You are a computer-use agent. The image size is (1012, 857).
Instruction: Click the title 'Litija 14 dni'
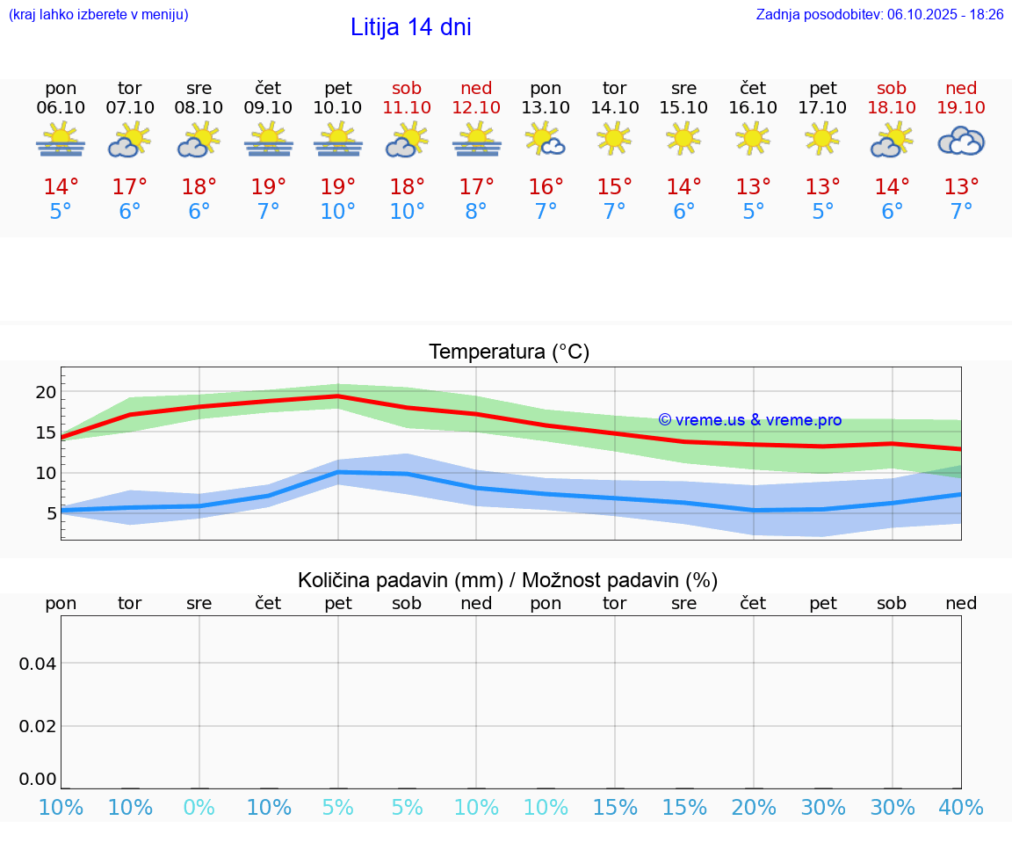click(410, 27)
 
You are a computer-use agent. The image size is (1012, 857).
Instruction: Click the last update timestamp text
click(879, 15)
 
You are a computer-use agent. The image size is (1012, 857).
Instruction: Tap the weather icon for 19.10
click(961, 141)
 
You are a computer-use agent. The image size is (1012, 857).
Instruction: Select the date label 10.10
click(337, 107)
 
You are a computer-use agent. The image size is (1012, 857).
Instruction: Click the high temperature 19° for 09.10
click(269, 187)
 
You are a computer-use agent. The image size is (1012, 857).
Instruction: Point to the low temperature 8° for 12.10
click(476, 212)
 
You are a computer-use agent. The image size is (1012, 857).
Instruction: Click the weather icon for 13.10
click(545, 140)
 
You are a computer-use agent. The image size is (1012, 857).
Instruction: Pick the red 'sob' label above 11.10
click(407, 88)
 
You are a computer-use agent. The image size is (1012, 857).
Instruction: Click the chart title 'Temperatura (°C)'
click(509, 352)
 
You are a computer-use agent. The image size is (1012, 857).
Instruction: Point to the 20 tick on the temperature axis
click(45, 392)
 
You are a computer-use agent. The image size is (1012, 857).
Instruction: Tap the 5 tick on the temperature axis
click(51, 513)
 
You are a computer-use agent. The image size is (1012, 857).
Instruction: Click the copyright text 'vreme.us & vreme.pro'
click(750, 420)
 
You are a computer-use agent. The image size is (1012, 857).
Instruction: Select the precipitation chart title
click(508, 580)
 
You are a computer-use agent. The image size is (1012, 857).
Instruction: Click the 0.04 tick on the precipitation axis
click(38, 664)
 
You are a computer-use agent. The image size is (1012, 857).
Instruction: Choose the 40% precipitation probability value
click(961, 808)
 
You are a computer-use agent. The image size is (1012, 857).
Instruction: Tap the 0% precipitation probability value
click(199, 808)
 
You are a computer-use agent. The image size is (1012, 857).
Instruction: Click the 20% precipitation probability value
click(754, 808)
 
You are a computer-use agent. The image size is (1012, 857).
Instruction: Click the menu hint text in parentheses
click(98, 15)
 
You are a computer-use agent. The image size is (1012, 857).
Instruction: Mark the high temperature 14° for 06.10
click(61, 187)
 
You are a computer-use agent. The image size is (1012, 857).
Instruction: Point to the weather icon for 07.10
click(130, 140)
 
